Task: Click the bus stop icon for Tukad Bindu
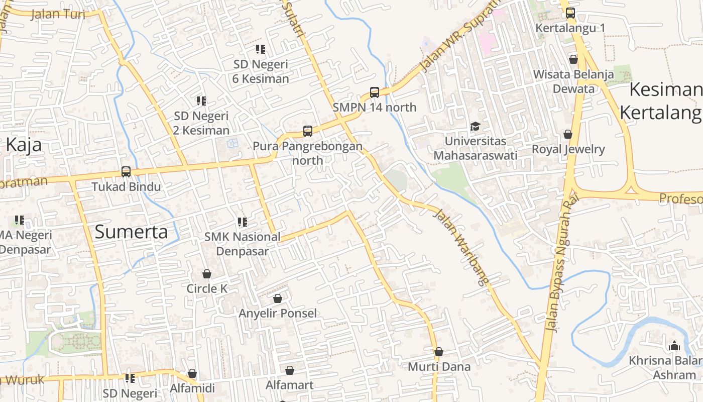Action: tap(126, 172)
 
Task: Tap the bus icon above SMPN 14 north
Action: tap(375, 92)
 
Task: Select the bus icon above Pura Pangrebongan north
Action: tap(308, 131)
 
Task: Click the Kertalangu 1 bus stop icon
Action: tap(570, 13)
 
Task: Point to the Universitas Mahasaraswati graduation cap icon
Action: tap(475, 126)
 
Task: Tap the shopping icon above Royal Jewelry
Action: tap(568, 134)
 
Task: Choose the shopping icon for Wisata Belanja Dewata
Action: tap(573, 59)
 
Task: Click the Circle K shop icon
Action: tap(207, 274)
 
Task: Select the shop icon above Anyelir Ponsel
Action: tap(278, 298)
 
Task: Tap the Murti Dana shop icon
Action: tap(439, 352)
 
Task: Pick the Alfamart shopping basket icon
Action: tap(290, 370)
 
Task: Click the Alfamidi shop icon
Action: tap(192, 373)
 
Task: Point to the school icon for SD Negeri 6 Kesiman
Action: tap(260, 49)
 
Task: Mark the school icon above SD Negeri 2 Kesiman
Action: tap(201, 101)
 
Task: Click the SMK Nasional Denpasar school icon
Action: tap(243, 222)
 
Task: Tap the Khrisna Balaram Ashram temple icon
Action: tap(674, 346)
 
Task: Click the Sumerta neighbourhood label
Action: tap(131, 232)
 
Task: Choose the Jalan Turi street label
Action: tap(58, 14)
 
